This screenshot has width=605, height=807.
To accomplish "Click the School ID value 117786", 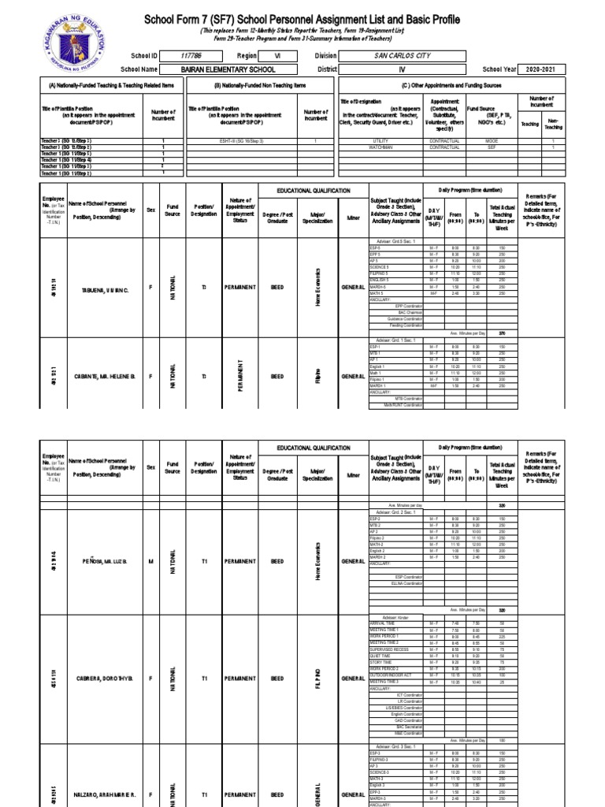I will click(191, 56).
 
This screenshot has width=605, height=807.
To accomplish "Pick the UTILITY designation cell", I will click(380, 140).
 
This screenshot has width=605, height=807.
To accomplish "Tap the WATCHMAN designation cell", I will click(380, 147).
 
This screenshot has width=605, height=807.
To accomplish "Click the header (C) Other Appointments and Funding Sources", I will click(451, 84).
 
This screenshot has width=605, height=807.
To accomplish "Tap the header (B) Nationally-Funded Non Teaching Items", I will click(260, 84).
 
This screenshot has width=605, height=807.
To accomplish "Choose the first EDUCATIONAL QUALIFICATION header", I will click(312, 192).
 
